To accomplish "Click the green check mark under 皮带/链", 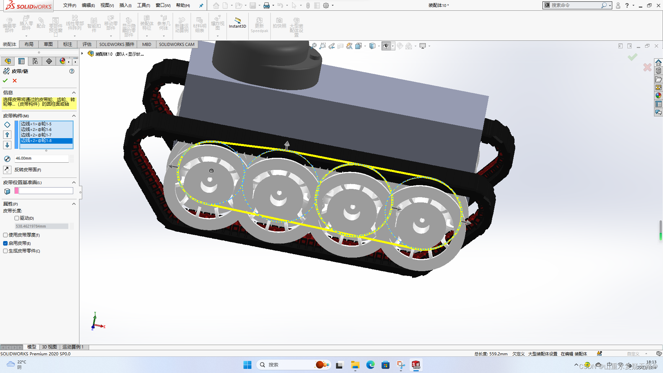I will pos(5,80).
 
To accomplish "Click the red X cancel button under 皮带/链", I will pos(15,80).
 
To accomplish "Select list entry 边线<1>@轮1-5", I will pos(36,124).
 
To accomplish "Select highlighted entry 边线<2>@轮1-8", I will pos(36,141).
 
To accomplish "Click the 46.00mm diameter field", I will pos(41,158).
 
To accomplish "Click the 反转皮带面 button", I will pos(7,170).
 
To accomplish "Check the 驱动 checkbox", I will pos(17,218).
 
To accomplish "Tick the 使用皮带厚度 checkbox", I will pos(5,235).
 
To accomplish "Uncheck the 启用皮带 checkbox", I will pos(5,243).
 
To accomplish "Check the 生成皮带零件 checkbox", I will pos(5,251).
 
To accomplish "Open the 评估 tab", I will pos(87,44).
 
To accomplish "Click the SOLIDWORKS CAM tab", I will pos(176,44).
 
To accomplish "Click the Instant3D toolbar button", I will pos(237,23).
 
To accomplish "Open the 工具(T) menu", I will pos(143,5).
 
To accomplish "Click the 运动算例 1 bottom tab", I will pos(73,347).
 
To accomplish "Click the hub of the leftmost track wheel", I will pos(209,180).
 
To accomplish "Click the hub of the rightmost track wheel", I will pos(422,220).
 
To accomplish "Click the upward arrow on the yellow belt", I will pos(287,144).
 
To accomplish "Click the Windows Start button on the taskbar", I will pos(247,365).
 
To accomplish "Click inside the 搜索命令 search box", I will pos(575,5).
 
